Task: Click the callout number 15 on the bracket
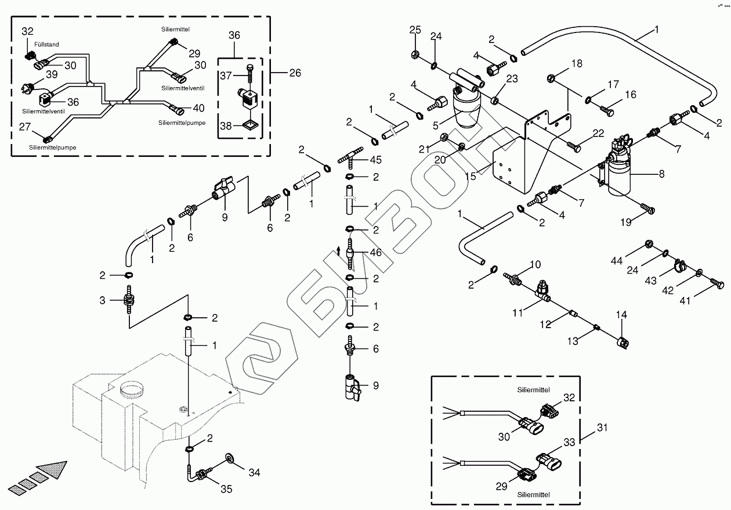(471, 175)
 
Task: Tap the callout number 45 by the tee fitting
(376, 160)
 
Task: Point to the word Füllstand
(46, 44)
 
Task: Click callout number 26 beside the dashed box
(295, 73)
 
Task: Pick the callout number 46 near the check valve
(376, 253)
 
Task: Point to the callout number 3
(102, 300)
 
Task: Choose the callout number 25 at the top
(415, 30)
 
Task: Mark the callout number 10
(535, 265)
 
